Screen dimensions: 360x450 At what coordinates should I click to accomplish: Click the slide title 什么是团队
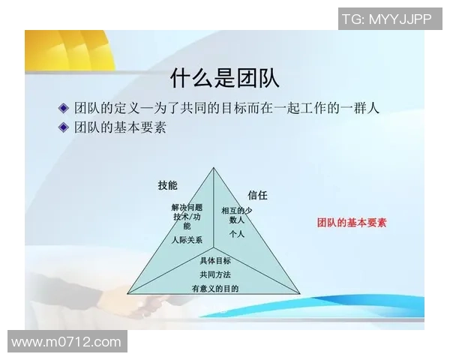click(x=225, y=77)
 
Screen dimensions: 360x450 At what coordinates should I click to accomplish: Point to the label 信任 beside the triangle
click(x=257, y=195)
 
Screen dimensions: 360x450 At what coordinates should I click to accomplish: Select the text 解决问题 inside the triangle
click(x=187, y=207)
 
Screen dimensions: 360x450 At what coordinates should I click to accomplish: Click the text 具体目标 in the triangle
click(x=215, y=261)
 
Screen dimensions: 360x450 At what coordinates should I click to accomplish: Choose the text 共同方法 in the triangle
click(x=215, y=274)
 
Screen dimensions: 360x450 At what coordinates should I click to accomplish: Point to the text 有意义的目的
click(x=215, y=288)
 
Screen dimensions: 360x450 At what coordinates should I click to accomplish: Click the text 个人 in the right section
click(x=237, y=234)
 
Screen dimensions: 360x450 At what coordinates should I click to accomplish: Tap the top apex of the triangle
click(x=214, y=168)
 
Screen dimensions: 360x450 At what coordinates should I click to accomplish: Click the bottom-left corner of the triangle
click(x=128, y=292)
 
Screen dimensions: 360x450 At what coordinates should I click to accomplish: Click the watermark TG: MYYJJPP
click(x=387, y=19)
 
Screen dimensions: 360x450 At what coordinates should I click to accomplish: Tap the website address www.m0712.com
click(x=66, y=342)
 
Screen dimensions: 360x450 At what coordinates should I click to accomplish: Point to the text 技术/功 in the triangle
click(x=187, y=217)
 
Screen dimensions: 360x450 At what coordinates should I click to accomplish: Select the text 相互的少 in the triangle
click(x=237, y=211)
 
